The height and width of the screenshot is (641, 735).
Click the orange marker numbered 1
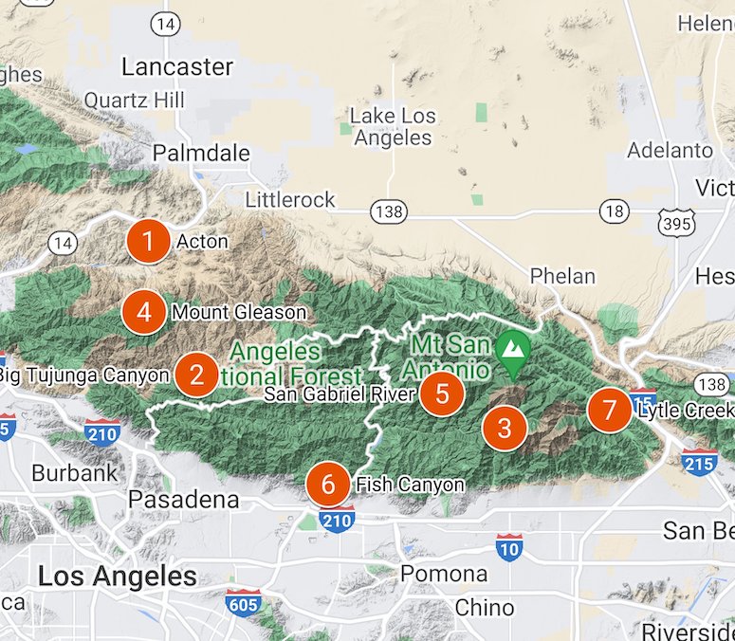148,241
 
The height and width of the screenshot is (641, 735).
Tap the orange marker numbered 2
197,375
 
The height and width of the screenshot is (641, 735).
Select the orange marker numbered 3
504,428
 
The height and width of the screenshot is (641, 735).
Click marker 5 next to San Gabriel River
442,392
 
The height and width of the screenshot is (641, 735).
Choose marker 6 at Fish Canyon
328,485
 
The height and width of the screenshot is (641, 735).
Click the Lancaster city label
177,66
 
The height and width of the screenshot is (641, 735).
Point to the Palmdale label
201,153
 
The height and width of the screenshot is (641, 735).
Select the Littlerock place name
290,199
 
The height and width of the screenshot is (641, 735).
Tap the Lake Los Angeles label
393,127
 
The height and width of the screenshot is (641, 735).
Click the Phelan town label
562,277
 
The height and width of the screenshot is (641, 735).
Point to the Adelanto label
671,151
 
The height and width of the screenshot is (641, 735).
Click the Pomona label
444,574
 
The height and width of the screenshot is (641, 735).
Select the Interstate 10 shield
509,546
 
